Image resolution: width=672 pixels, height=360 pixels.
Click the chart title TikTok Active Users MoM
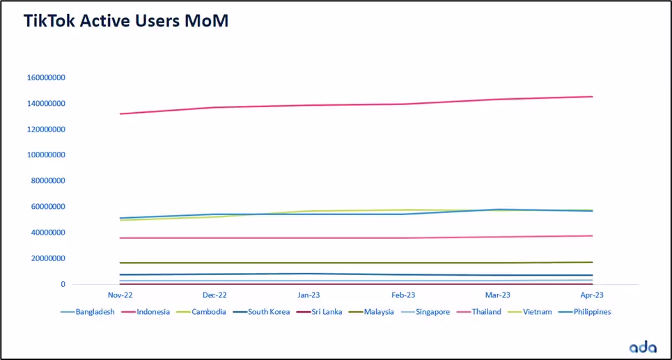click(126, 22)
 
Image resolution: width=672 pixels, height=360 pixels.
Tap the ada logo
click(643, 347)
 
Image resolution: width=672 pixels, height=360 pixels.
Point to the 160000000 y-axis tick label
click(46, 78)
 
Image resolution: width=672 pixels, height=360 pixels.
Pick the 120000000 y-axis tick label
click(46, 130)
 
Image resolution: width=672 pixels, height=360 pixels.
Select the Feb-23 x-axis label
click(404, 295)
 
